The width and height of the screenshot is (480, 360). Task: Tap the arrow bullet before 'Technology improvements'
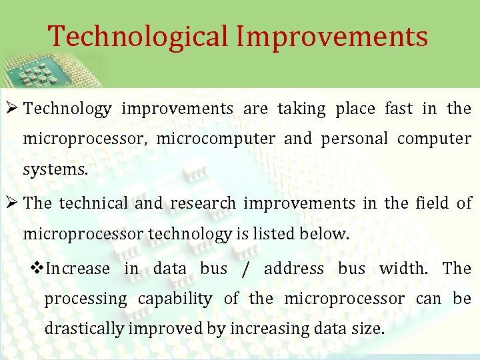coord(13,108)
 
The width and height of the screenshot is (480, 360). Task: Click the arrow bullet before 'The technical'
coord(13,203)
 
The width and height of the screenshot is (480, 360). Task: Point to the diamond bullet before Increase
coord(37,268)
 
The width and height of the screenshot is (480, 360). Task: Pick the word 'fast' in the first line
coord(399,109)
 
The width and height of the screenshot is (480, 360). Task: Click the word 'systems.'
coord(55,170)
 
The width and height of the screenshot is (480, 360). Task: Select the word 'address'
coord(293,269)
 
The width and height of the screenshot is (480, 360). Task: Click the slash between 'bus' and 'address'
coord(246,269)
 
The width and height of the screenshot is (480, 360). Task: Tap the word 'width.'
coord(402,269)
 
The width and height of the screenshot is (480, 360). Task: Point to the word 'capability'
coord(175,299)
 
